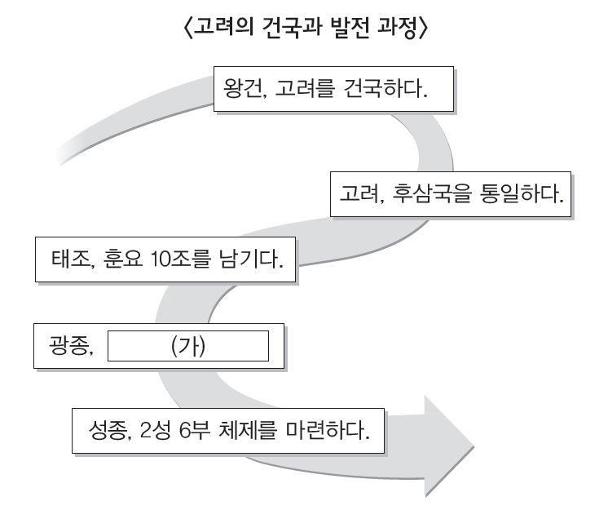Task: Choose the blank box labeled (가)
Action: [187, 345]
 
